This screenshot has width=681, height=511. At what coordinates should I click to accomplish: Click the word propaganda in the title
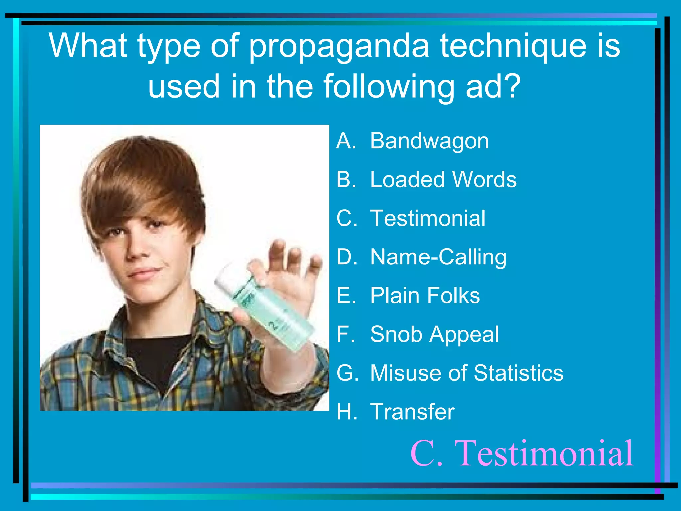coord(339,47)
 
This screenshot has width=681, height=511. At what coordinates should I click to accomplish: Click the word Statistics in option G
coord(518,373)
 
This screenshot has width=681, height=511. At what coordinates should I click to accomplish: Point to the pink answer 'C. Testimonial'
coord(522,453)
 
